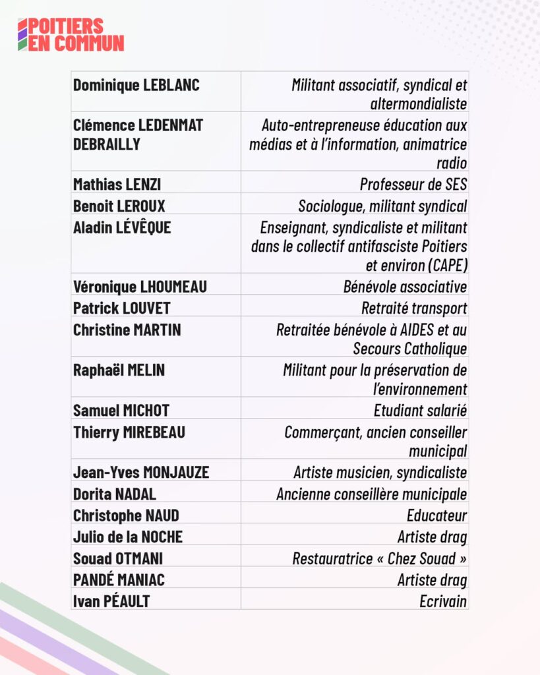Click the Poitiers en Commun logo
(x=71, y=34)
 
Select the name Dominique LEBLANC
(x=136, y=85)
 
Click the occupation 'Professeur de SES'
(x=413, y=184)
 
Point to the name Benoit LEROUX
(x=119, y=206)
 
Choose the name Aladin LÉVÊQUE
(x=122, y=227)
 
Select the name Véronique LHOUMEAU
(x=140, y=287)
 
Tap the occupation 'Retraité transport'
(x=414, y=308)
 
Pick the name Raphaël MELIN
(x=119, y=370)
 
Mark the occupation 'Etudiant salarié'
(x=420, y=411)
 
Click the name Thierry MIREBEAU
(x=129, y=432)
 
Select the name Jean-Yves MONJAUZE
(x=140, y=473)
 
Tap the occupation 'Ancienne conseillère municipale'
(x=371, y=494)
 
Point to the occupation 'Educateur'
(x=436, y=515)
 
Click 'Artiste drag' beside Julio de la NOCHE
(x=432, y=537)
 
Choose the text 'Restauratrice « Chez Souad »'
(x=380, y=558)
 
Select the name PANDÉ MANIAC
(x=119, y=580)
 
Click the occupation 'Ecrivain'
(x=442, y=601)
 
